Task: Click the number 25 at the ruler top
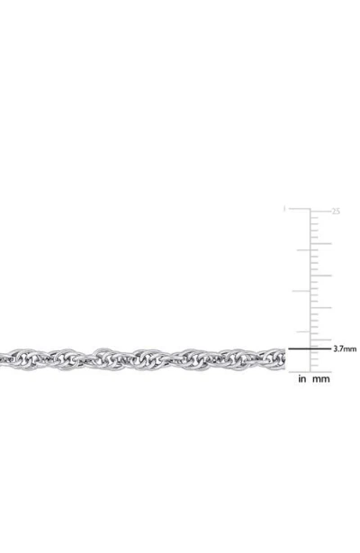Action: point(337,212)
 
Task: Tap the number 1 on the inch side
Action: point(285,210)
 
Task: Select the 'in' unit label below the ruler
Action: point(303,379)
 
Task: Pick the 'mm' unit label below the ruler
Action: point(321,379)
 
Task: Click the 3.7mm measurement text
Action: point(346,348)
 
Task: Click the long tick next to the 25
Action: point(320,211)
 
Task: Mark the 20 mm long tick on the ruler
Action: point(320,243)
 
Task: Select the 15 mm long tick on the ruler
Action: point(320,276)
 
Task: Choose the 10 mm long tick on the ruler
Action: point(320,307)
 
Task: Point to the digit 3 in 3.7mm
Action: point(336,348)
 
